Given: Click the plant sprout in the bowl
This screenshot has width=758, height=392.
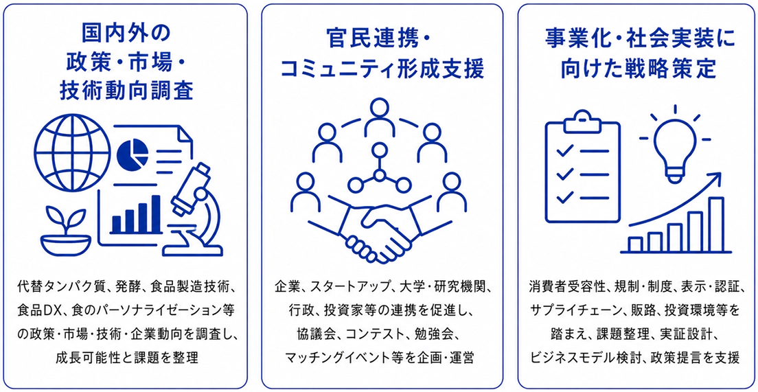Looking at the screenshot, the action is point(66,231).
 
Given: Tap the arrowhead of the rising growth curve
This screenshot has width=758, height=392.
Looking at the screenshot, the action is point(715,181).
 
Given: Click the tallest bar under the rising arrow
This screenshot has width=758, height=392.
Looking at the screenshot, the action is point(716,224).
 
